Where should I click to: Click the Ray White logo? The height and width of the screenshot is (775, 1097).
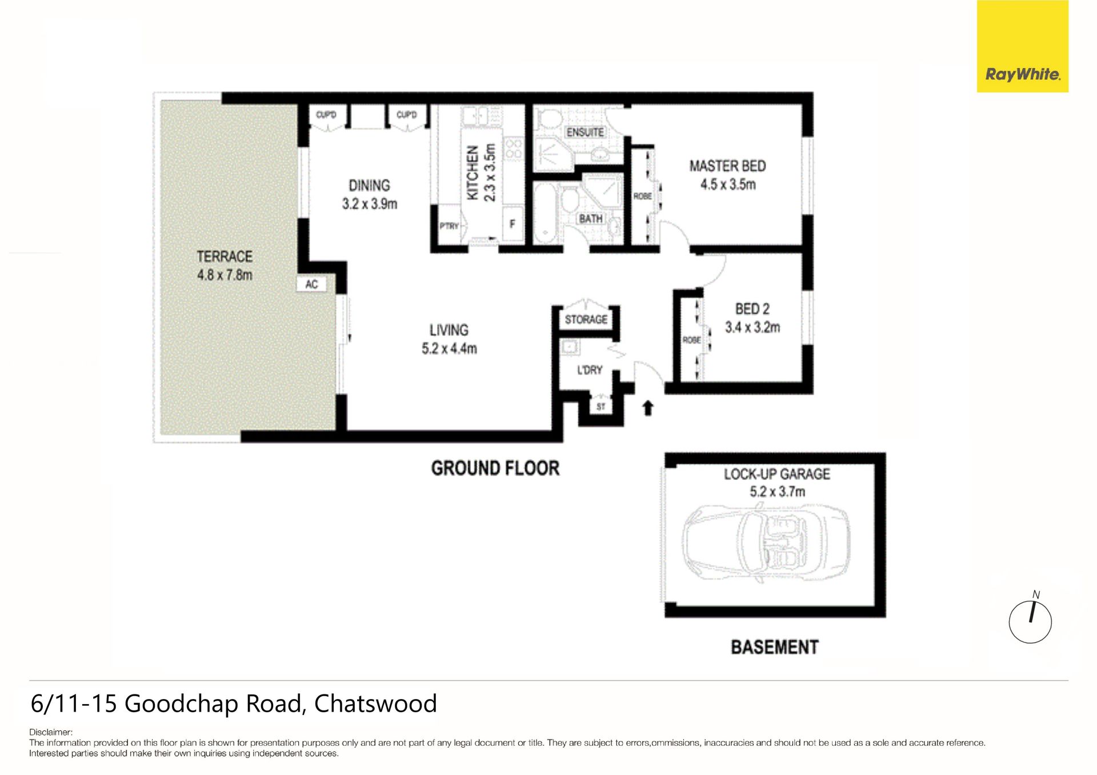(1022, 46)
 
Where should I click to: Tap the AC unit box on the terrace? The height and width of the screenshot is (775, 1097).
(311, 284)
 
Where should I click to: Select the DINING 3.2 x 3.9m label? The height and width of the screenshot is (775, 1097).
(370, 194)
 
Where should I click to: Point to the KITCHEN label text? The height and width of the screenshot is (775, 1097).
(473, 172)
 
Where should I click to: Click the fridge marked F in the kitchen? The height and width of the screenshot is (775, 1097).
(513, 224)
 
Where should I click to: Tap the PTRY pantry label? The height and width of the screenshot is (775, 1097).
(449, 226)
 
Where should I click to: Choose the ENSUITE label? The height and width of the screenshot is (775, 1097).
(585, 132)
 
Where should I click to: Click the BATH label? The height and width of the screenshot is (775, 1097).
(591, 219)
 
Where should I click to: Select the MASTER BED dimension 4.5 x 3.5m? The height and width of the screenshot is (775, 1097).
(728, 184)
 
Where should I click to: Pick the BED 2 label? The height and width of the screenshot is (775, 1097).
(752, 309)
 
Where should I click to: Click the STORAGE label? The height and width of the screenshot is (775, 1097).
(586, 319)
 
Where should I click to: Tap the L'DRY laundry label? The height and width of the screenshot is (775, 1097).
(590, 370)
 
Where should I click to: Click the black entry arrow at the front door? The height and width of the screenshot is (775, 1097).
(648, 408)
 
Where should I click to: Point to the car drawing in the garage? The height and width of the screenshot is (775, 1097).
(766, 542)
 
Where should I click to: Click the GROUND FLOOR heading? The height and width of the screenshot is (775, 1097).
(495, 468)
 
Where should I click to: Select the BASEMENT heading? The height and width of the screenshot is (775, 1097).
(775, 647)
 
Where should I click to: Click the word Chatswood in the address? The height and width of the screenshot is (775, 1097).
(375, 704)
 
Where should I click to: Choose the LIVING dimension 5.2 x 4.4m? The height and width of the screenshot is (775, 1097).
(449, 348)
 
